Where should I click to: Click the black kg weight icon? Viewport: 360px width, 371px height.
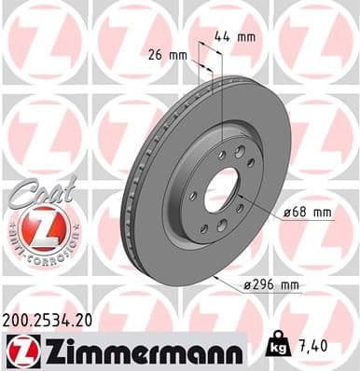tap(278, 347)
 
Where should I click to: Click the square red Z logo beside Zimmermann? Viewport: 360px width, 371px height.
tap(21, 350)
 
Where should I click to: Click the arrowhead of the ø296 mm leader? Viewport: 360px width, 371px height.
tap(215, 275)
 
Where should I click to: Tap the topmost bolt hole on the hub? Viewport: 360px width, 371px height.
tap(240, 151)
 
